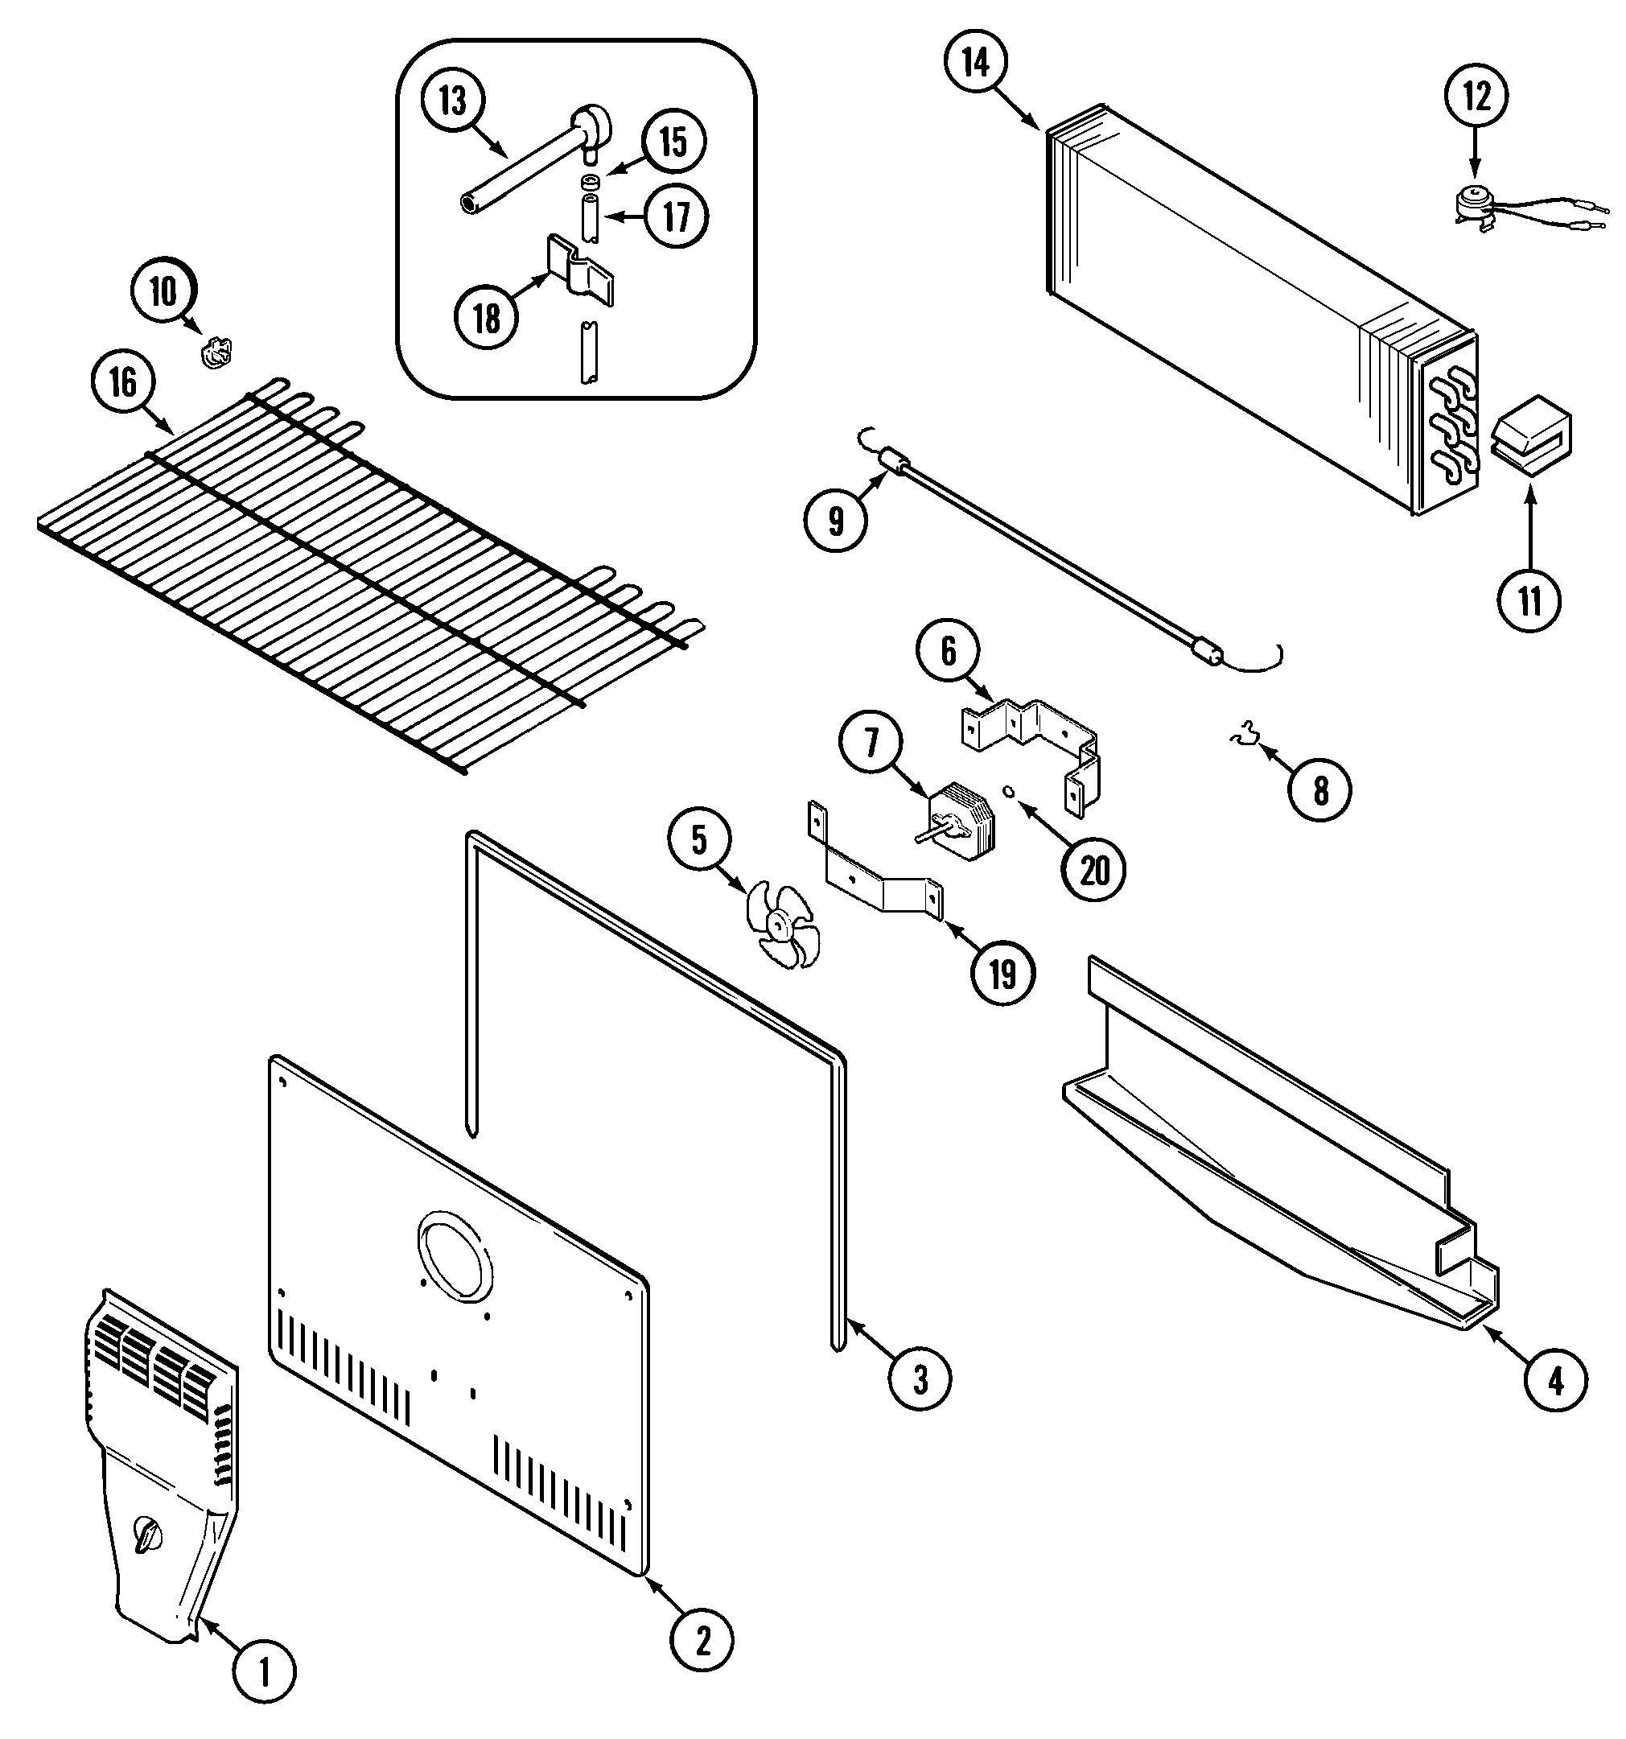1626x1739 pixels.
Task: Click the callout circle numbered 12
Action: [1476, 97]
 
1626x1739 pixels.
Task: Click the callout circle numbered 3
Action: [920, 1379]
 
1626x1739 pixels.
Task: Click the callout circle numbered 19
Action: [1002, 972]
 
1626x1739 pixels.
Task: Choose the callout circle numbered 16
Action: [122, 382]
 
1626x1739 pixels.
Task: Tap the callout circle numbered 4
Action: [1555, 1379]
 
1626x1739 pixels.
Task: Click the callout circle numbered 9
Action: [835, 521]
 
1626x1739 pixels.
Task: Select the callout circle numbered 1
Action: [265, 1672]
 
